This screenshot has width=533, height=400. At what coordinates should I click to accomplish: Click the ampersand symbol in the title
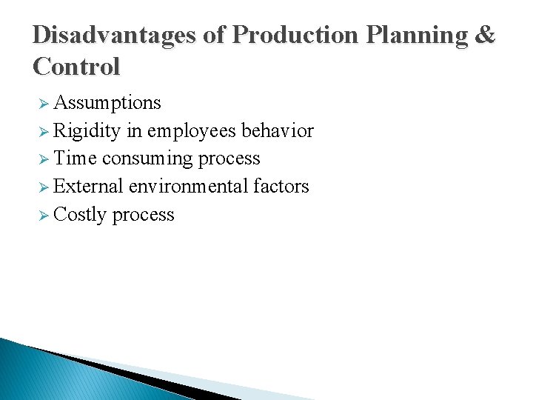pos(486,35)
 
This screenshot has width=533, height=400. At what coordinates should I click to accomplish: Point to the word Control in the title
pos(76,67)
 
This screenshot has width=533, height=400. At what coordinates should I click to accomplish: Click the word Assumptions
pos(107,102)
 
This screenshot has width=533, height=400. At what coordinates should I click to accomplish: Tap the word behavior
pos(278,131)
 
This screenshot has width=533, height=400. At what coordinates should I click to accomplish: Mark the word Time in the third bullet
pos(75,159)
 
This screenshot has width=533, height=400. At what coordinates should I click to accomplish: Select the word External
pos(88,187)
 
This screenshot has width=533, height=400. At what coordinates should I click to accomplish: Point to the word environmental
pos(188,187)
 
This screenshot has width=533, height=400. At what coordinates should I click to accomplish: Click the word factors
pos(281,187)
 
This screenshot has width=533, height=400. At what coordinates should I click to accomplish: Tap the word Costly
pos(80,215)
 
